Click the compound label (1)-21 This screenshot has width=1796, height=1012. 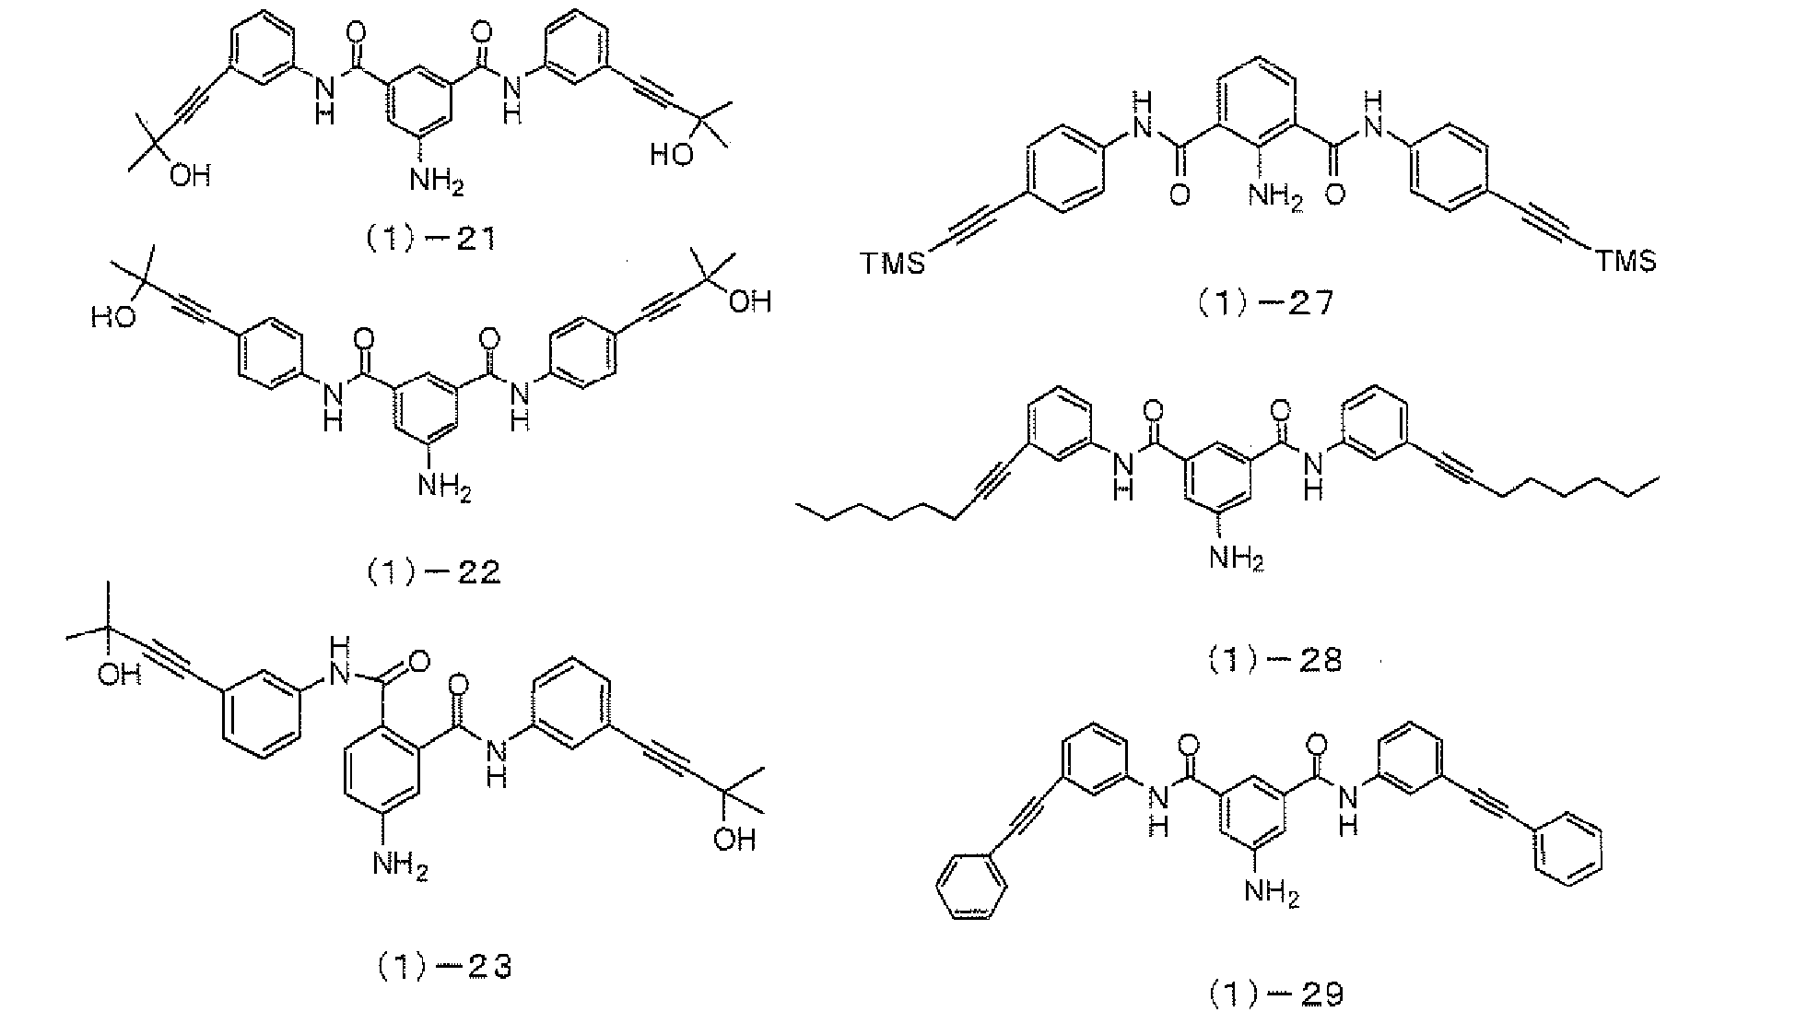point(428,240)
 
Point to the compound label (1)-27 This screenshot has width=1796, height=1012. point(1264,305)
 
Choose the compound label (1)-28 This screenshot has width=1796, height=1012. point(1274,661)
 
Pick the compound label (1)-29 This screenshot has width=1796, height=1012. point(1276,994)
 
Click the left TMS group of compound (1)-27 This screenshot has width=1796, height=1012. point(893,265)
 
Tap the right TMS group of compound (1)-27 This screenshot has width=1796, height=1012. point(1626,263)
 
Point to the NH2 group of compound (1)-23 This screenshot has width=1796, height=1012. point(400,866)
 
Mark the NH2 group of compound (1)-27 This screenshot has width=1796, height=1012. point(1275,197)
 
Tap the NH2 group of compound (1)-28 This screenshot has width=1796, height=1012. point(1237,559)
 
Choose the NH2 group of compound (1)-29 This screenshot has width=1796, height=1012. point(1272,892)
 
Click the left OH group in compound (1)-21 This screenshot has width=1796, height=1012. point(190,175)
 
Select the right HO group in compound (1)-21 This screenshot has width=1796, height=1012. point(672,155)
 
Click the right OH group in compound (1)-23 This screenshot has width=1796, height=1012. point(734,840)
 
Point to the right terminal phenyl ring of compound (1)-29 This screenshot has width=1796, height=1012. point(1567,853)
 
